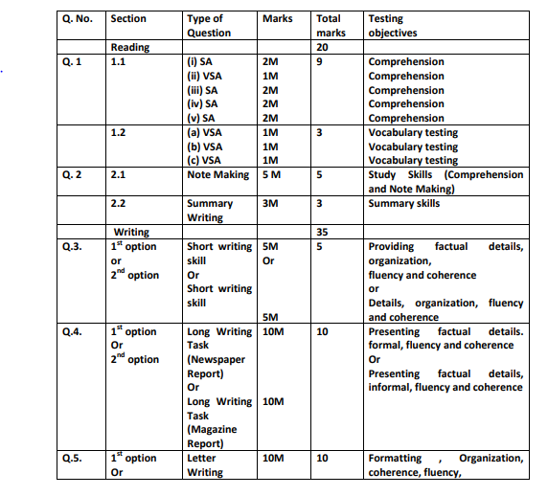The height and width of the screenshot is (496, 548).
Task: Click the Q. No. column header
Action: tap(77, 18)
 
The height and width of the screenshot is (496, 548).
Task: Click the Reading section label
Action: tap(131, 47)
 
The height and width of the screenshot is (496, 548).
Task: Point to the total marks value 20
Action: tap(323, 47)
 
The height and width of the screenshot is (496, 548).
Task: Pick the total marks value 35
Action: tap(323, 232)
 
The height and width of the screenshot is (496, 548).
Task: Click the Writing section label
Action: tap(131, 232)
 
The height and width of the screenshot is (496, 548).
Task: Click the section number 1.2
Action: tap(120, 132)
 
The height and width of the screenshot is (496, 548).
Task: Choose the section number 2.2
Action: tap(120, 203)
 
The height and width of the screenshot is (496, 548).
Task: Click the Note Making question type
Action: tap(218, 174)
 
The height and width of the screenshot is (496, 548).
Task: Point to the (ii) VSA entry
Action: tap(204, 76)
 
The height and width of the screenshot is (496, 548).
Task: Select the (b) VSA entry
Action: tap(204, 147)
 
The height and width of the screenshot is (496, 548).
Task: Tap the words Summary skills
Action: tap(404, 203)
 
